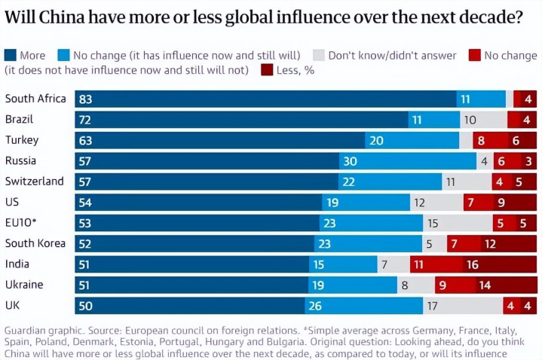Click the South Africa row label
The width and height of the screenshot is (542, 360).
35,99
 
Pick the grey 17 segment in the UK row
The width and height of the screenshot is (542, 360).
463,306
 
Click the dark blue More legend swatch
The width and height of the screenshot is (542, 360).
11,55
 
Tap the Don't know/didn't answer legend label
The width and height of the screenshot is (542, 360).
391,55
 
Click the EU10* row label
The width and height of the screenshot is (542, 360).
21,223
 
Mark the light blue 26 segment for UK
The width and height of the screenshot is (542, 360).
363,306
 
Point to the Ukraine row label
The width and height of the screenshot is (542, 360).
24,285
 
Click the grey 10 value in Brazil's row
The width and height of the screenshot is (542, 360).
470,120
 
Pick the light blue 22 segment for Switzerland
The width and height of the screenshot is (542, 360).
390,182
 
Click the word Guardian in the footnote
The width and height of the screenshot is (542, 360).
27,331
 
